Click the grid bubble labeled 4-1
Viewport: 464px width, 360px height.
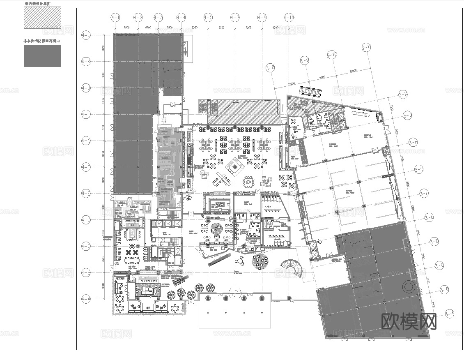pos(115,18)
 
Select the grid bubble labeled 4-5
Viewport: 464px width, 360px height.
pos(208,18)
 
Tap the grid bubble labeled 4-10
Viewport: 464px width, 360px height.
pos(289,18)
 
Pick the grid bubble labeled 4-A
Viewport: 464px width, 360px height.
pos(86,299)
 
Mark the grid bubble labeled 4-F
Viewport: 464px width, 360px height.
pos(86,167)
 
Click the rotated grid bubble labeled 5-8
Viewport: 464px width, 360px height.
pos(270,68)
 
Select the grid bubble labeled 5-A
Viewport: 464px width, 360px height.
pos(450,314)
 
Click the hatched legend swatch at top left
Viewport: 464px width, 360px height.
pos(42,18)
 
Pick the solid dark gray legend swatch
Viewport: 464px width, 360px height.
pos(42,55)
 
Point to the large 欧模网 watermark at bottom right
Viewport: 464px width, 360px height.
pos(409,321)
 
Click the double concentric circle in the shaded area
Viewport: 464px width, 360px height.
pos(409,286)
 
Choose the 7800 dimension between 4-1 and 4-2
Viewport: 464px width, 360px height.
pos(127,27)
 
